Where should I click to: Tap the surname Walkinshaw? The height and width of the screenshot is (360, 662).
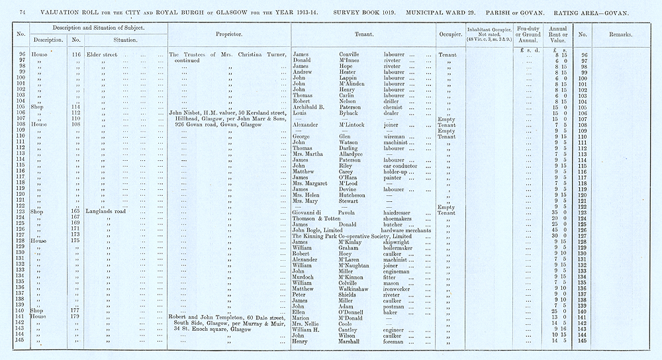pyautogui.click(x=350, y=288)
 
